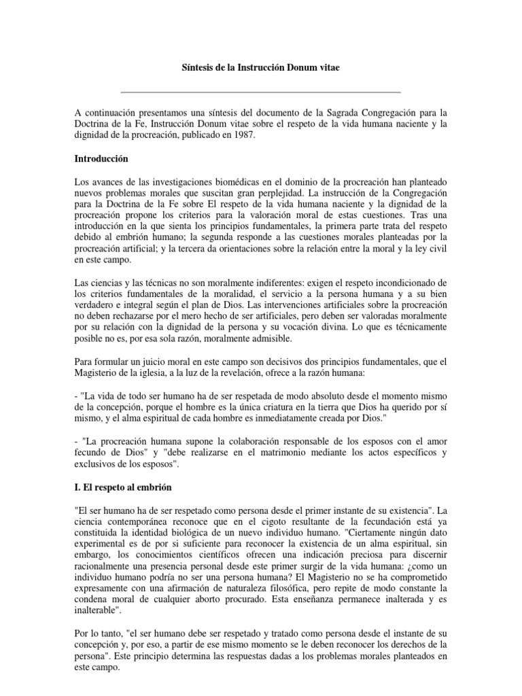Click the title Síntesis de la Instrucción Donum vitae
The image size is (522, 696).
coord(260,69)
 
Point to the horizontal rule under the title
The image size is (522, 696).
coord(260,92)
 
